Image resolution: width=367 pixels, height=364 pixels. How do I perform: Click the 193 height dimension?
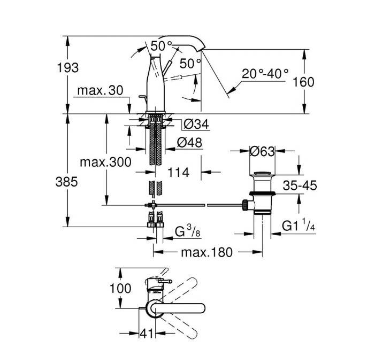(68, 68)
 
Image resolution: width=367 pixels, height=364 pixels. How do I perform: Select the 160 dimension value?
(303, 82)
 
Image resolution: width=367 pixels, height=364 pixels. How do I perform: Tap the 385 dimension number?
(67, 182)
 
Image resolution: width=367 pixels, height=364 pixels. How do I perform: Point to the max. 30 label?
(100, 90)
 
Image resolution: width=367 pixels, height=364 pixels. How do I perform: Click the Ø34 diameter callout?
(196, 124)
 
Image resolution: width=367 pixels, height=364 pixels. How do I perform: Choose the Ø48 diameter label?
(189, 142)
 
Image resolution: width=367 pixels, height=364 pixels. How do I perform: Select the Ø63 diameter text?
(262, 151)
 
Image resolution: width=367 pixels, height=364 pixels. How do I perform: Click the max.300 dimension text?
(105, 162)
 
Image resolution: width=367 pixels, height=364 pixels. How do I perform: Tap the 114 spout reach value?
(178, 173)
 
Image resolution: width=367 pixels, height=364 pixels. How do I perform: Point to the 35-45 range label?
(300, 185)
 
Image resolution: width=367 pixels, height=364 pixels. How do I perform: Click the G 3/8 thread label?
(188, 231)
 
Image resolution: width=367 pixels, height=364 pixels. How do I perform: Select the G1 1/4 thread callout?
(299, 225)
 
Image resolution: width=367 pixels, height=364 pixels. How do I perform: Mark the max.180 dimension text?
(207, 252)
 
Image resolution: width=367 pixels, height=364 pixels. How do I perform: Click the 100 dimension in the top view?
(120, 289)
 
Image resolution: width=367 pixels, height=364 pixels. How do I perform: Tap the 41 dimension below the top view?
(147, 333)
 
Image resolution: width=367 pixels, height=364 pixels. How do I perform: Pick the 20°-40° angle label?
(265, 74)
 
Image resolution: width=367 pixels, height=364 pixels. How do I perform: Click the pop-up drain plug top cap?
(262, 173)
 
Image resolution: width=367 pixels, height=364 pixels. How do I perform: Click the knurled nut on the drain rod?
(245, 205)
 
